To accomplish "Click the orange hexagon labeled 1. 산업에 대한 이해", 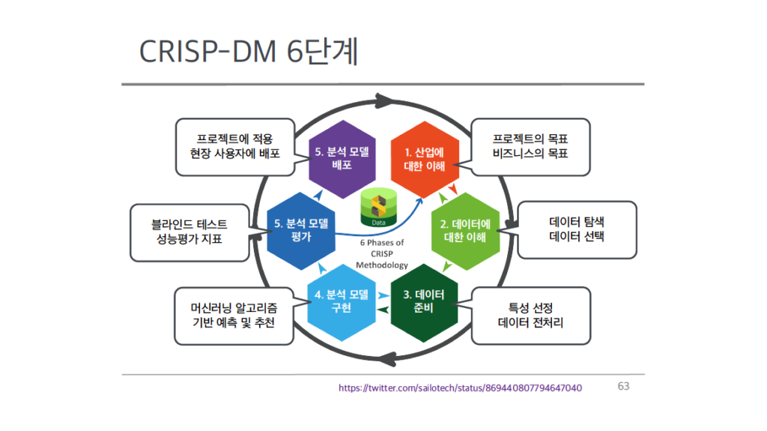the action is pos(425,160).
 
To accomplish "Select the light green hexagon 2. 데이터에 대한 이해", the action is pos(465,231).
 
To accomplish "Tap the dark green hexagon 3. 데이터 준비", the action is pos(424,302).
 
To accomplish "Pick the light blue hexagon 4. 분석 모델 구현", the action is pos(342,302).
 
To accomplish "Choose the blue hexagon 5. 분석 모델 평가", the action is pos(301,231).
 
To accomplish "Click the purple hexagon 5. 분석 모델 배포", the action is pos(342,159).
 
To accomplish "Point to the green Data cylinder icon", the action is pos(378,208).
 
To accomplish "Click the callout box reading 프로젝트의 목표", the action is pos(530,147).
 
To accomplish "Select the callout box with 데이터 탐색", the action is pos(577,229).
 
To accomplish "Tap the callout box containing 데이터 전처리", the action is pos(531,316).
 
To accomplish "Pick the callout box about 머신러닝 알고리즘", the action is pos(234,316).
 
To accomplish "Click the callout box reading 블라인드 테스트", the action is pos(190,232).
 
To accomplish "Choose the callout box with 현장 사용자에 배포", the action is pos(235,147).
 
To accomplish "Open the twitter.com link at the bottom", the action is pos(461,388).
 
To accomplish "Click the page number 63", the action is pos(623,387).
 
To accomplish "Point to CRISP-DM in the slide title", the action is pos(208,52).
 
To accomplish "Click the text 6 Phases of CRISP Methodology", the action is pos(382,253).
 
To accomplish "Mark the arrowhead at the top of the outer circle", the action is pos(384,101).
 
